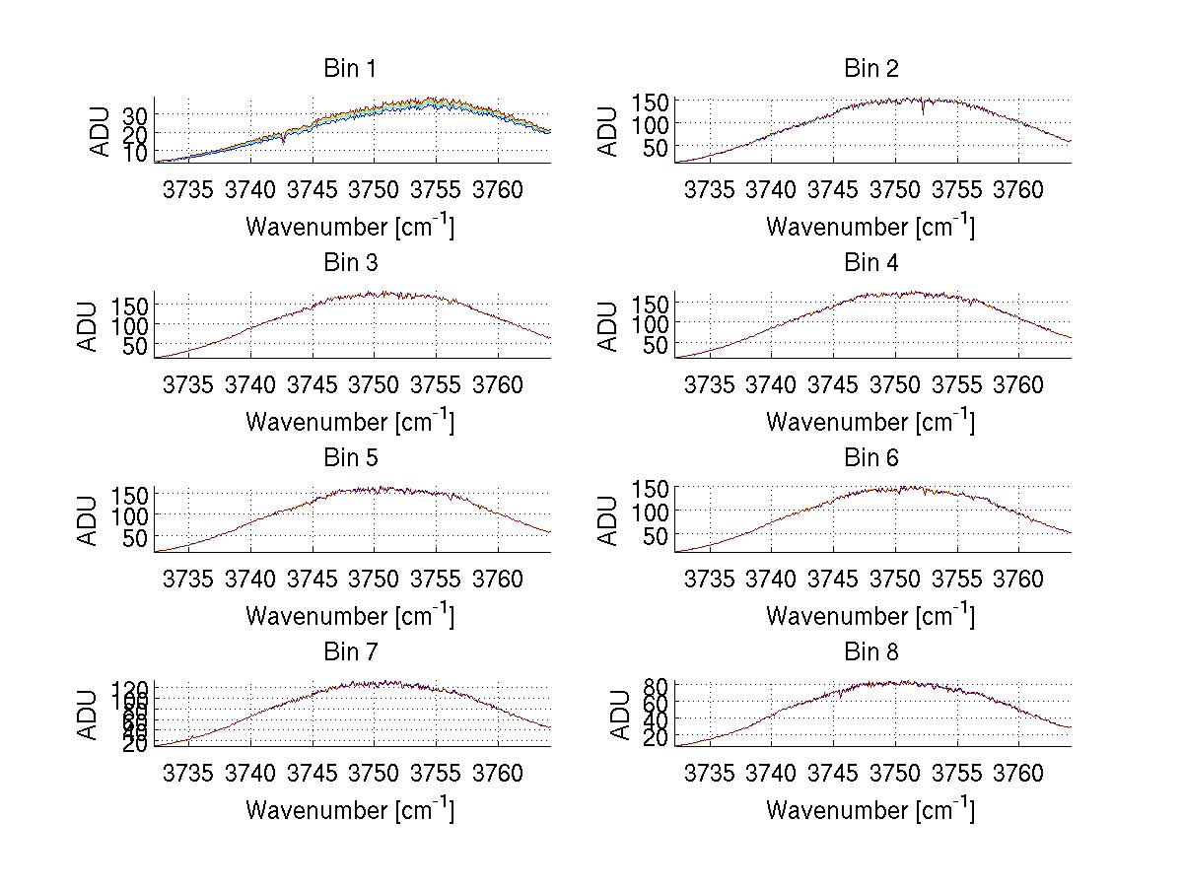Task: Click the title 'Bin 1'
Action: point(350,69)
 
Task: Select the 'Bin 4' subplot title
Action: point(871,263)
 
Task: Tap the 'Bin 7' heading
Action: point(350,652)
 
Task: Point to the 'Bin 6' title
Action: point(871,458)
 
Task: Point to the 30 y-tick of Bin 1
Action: point(135,114)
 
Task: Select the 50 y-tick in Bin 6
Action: point(657,535)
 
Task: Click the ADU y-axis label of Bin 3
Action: point(90,326)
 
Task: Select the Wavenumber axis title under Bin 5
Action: point(350,616)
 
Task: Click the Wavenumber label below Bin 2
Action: point(870,227)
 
